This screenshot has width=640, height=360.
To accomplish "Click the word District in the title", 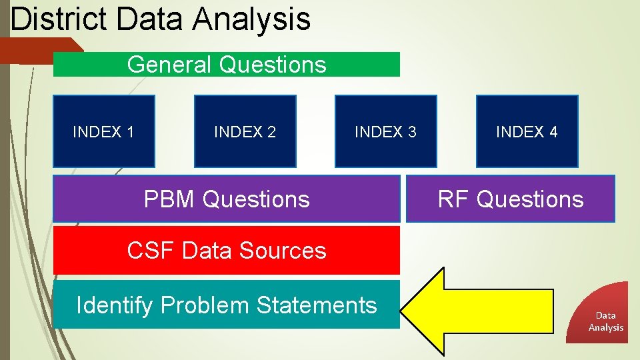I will coord(59,19).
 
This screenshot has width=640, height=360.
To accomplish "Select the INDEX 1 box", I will coord(104,131).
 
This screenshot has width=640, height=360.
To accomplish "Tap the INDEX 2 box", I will coord(245,131).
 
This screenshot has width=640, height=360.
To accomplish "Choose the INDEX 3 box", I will coord(385,131).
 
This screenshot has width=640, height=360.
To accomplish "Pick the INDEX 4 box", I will coord(527,131).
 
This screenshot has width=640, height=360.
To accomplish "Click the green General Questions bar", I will coord(227,65).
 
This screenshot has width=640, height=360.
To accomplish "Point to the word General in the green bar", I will coord(169,65).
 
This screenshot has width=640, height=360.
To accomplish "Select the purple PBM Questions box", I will coord(227,199).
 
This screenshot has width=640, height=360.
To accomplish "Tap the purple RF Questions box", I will coord(511,199).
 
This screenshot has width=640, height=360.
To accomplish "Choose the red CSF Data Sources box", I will coord(227,251).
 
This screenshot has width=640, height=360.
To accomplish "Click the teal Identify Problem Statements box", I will coord(227,305).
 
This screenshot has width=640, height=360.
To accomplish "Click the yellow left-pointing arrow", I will coord(480,310).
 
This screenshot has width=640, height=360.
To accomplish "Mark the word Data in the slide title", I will coord(151,19).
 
